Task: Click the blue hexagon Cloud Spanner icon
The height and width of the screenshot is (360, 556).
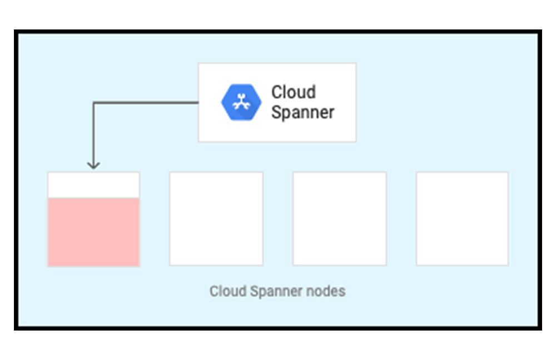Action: (x=241, y=102)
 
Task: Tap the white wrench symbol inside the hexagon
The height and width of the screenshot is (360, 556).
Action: (x=241, y=102)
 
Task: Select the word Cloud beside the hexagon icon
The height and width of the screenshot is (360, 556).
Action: (x=293, y=92)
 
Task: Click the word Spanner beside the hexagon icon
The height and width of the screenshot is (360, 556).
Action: (x=302, y=112)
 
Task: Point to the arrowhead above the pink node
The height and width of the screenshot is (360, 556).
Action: (x=94, y=165)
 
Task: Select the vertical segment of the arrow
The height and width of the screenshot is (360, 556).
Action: (x=94, y=133)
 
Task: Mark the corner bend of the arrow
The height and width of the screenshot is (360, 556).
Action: (x=94, y=103)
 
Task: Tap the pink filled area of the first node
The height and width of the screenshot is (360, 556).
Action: (x=93, y=232)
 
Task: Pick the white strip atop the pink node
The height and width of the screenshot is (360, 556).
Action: (x=93, y=185)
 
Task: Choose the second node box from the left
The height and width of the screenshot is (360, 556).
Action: (x=216, y=218)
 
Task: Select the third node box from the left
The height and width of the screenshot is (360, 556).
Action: (x=340, y=218)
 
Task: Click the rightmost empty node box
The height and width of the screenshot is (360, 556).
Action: (x=462, y=218)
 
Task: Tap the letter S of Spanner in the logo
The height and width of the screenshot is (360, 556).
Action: (x=276, y=112)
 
